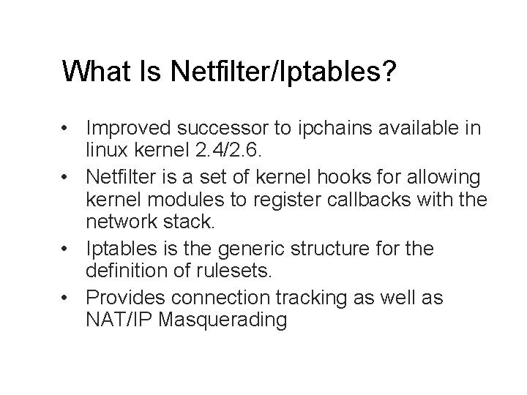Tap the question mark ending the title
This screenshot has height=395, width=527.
pyautogui.click(x=388, y=71)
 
